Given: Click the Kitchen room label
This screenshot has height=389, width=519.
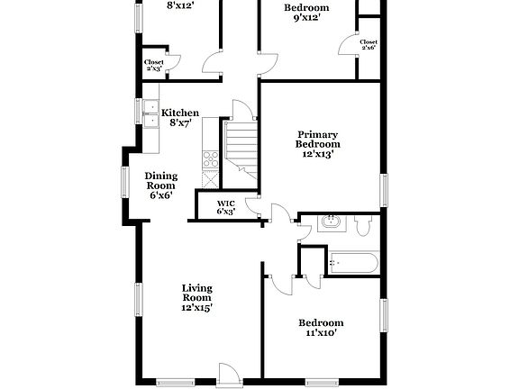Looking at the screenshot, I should click(x=180, y=119).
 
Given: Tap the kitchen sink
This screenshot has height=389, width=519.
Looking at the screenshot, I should click(x=150, y=113).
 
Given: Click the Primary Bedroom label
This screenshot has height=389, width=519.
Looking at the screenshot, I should click(x=319, y=144).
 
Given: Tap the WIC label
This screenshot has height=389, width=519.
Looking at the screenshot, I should click(x=226, y=208).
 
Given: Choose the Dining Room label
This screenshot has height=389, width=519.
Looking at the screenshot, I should click(x=160, y=185).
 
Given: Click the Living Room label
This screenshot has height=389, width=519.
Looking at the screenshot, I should click(x=197, y=297).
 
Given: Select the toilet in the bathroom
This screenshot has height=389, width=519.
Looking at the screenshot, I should click(x=363, y=226).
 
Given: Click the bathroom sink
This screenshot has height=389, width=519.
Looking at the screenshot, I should click(x=330, y=222).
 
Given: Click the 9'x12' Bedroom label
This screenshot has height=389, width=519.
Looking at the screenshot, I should click(x=306, y=14).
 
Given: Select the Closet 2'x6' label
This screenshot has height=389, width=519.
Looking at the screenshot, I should click(x=369, y=45).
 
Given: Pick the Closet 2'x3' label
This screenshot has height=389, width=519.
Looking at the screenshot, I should click(x=153, y=66).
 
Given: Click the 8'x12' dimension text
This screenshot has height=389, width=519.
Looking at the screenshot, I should click(x=182, y=4).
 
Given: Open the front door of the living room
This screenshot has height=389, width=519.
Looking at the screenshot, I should click(x=228, y=375).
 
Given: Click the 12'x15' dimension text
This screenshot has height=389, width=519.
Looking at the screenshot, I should click(x=197, y=307).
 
